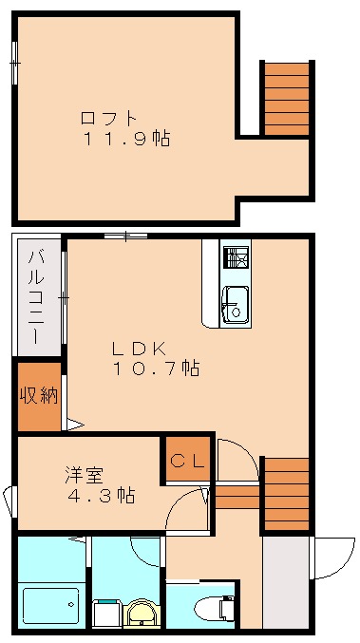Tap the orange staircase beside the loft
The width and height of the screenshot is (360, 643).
pyautogui.click(x=286, y=98)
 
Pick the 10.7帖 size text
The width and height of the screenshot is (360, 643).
pyautogui.click(x=157, y=369)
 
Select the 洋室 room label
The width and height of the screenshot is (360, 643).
pyautogui.click(x=85, y=474)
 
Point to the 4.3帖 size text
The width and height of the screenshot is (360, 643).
pyautogui.click(x=100, y=496)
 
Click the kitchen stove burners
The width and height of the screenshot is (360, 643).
pyautogui.click(x=236, y=257)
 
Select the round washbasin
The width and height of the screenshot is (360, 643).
pyautogui.click(x=142, y=614)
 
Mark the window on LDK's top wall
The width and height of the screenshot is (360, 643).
pyautogui.click(x=125, y=235)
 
